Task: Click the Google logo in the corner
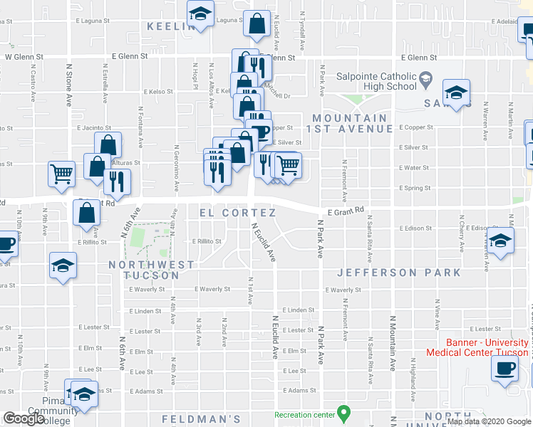pyautogui.click(x=24, y=418)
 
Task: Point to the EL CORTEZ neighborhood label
pyautogui.click(x=237, y=213)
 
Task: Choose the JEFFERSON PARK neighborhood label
pyautogui.click(x=398, y=273)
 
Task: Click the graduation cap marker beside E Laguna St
pyautogui.click(x=201, y=14)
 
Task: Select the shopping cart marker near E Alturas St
pyautogui.click(x=62, y=173)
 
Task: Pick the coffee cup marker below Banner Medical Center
pyautogui.click(x=505, y=369)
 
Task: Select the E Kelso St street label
pyautogui.click(x=158, y=92)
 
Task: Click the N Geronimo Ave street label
pyautogui.click(x=176, y=169)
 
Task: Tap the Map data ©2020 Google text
pyautogui.click(x=489, y=421)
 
